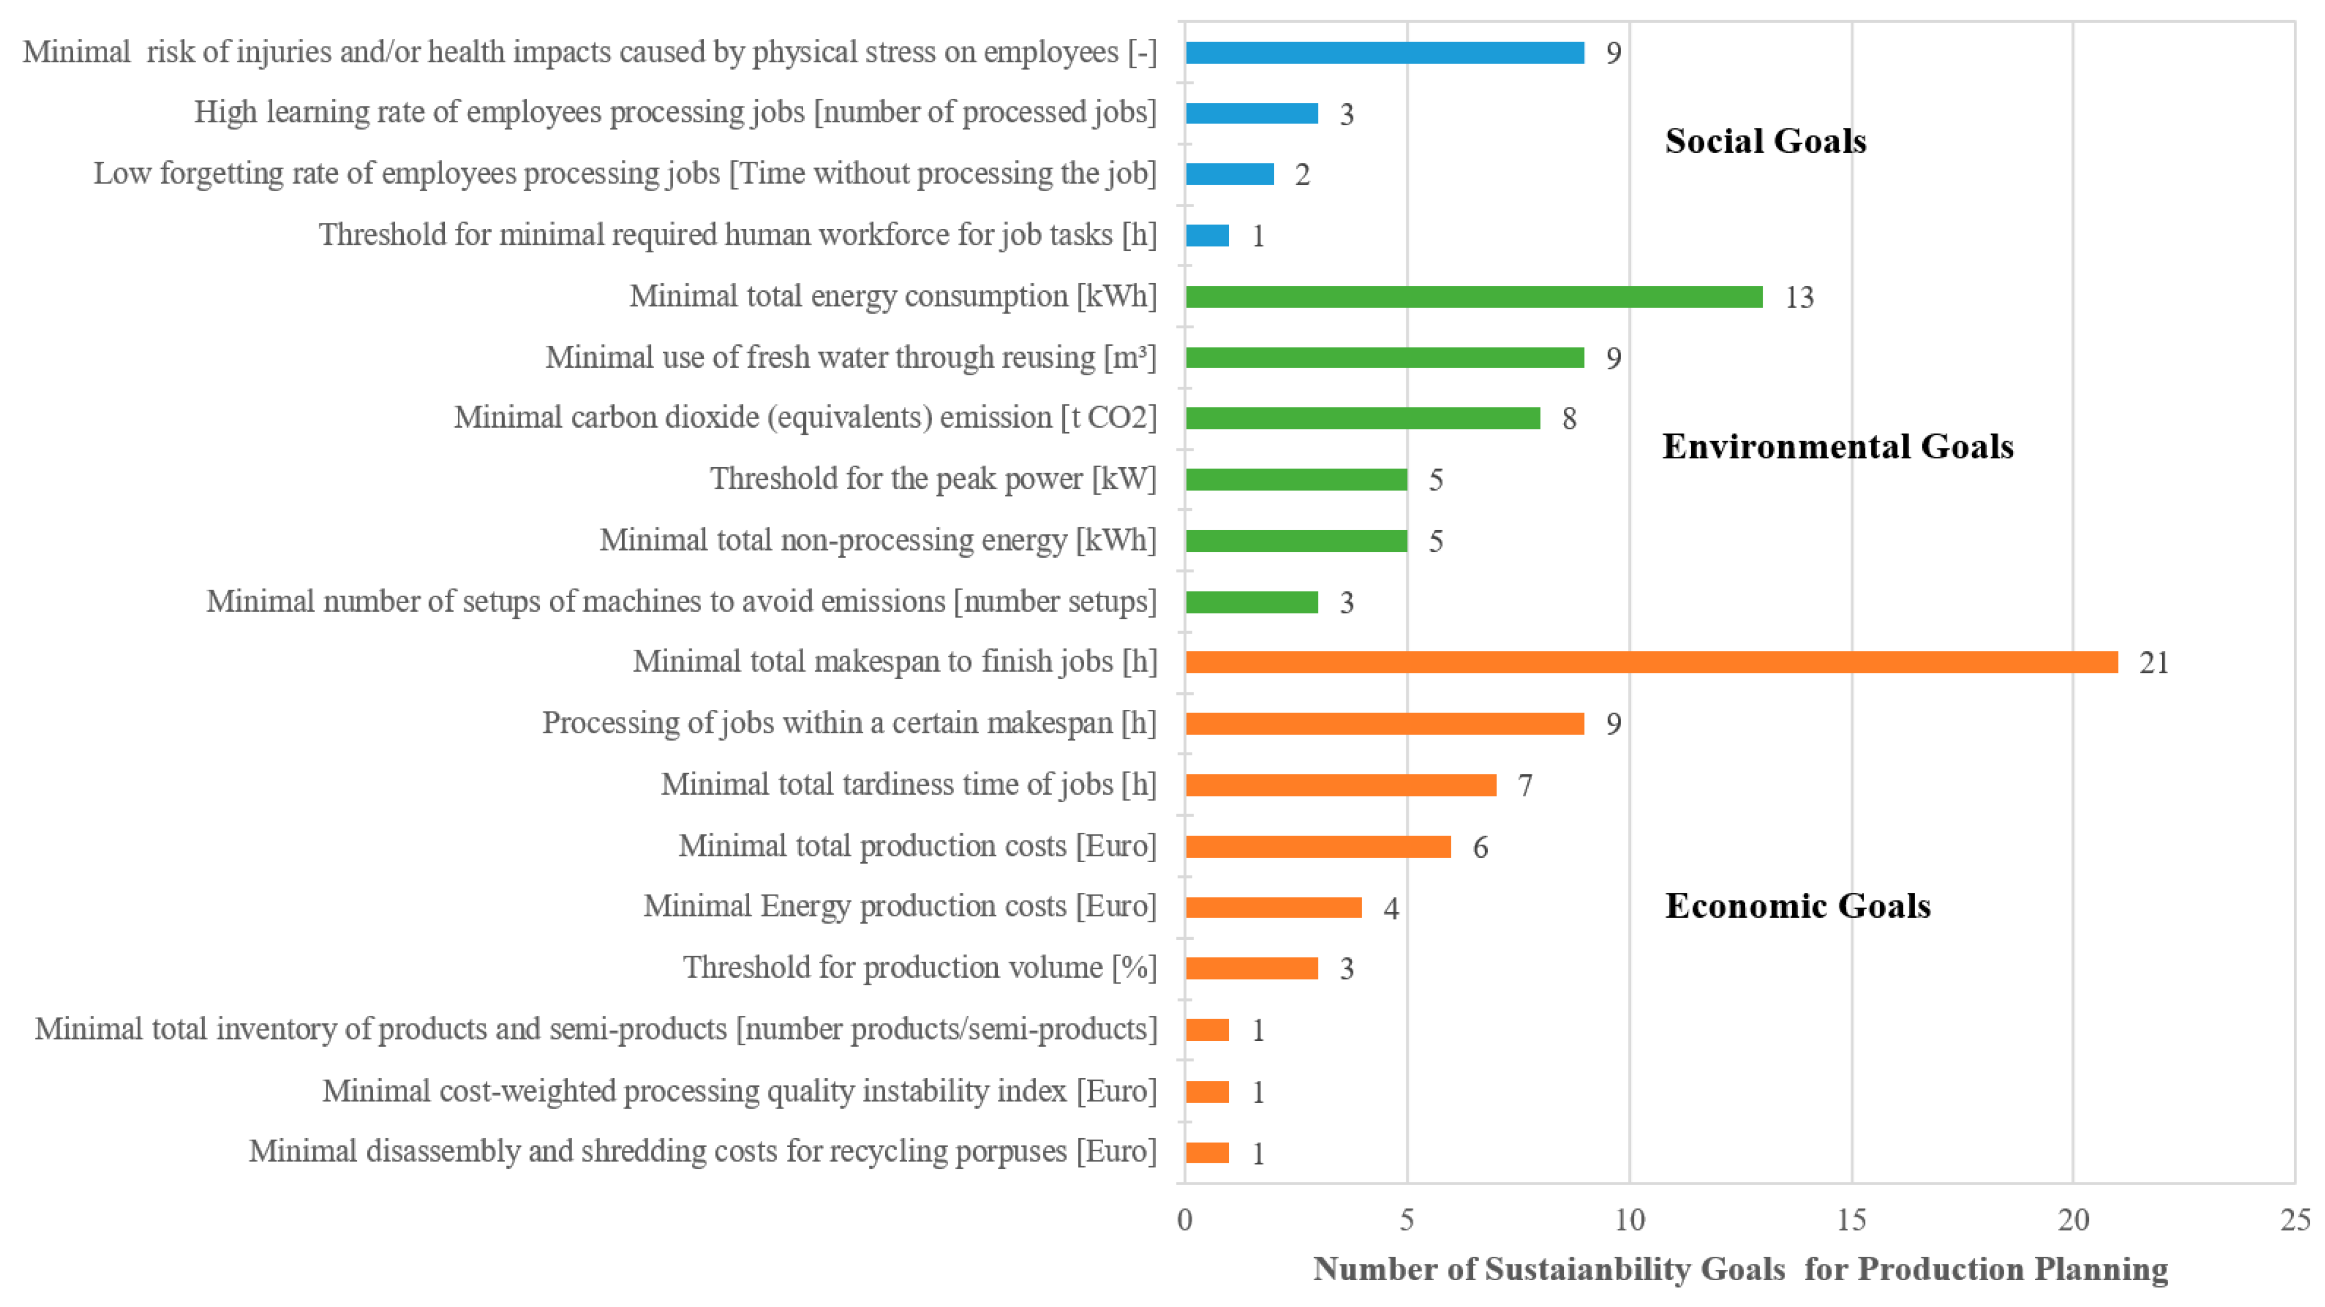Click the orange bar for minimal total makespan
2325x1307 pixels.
1652,663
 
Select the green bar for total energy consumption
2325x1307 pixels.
1474,297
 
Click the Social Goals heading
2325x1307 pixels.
1765,142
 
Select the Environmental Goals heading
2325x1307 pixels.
1838,447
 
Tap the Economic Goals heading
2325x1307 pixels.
1798,906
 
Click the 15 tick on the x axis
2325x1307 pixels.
1851,1220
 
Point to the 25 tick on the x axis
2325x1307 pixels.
2295,1220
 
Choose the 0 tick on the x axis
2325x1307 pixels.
1185,1220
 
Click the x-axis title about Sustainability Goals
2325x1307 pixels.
1740,1270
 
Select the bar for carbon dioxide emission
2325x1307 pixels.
1363,419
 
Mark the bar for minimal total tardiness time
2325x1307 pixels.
1341,785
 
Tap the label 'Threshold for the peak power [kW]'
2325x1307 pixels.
932,479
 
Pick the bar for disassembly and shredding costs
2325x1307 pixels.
1208,1153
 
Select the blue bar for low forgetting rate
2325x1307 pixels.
1230,174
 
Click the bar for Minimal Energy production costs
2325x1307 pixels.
1274,907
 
